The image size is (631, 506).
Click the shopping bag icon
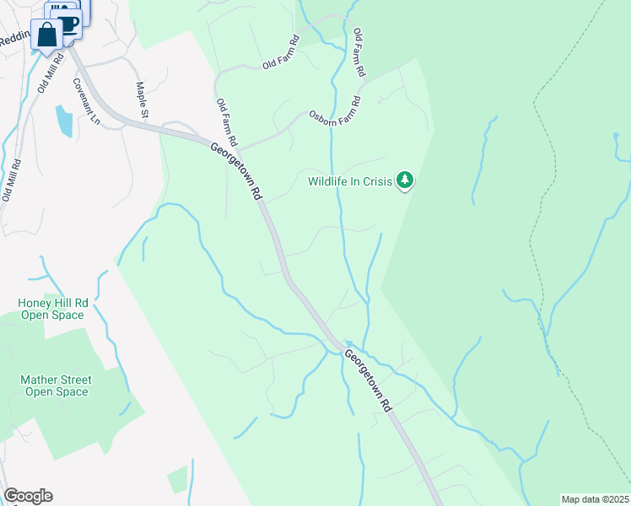click(x=48, y=35)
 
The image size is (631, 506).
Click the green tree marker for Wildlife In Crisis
click(x=406, y=180)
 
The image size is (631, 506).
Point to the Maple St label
click(x=142, y=100)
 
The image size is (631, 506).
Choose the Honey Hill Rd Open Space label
click(x=51, y=309)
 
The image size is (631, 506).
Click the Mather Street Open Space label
click(x=56, y=385)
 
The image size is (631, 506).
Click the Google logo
click(x=28, y=496)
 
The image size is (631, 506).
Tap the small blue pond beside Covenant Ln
click(x=63, y=121)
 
